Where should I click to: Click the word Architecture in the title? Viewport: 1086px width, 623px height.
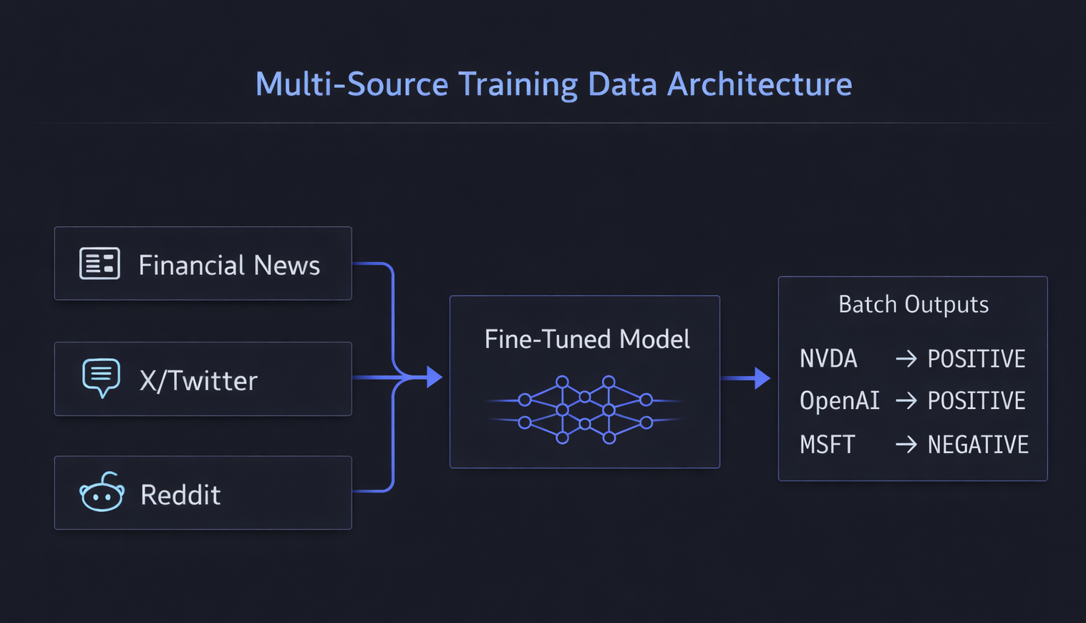click(x=760, y=84)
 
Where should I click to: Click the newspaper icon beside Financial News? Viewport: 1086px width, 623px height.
click(x=100, y=264)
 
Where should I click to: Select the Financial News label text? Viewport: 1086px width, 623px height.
click(x=229, y=265)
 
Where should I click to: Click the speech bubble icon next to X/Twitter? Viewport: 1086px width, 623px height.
click(x=101, y=377)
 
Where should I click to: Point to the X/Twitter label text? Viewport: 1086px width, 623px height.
click(x=198, y=380)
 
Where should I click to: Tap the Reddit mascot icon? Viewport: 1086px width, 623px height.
click(x=102, y=493)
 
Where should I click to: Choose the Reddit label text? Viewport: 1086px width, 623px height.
click(x=180, y=495)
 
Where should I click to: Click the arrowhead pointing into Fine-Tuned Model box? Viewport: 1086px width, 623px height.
click(x=434, y=377)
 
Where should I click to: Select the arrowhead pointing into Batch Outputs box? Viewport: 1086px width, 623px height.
click(x=762, y=377)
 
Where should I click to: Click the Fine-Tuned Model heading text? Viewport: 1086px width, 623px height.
click(x=587, y=339)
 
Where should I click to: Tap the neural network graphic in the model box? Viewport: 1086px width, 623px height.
click(x=585, y=410)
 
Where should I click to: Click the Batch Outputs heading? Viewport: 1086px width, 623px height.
click(x=913, y=304)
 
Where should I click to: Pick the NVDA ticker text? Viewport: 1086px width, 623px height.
click(x=828, y=358)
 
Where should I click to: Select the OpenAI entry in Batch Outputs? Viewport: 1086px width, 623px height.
click(x=839, y=400)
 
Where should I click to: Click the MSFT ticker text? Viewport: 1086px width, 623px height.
click(x=827, y=445)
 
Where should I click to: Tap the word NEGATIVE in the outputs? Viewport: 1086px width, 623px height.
click(x=978, y=445)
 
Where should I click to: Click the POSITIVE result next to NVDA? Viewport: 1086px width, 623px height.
click(x=976, y=358)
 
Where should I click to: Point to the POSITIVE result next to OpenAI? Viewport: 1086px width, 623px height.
click(x=976, y=400)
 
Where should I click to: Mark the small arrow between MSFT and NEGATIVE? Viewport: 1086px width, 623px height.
click(x=906, y=445)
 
